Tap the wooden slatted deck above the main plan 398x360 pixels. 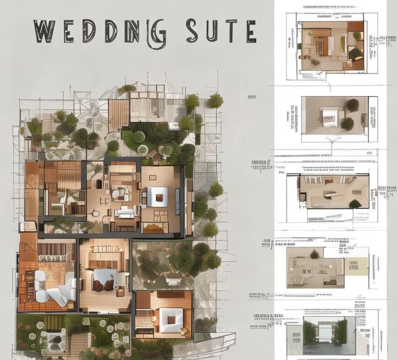point(118,115)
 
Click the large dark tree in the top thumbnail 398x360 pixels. point(356,53)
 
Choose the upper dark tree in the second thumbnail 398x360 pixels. point(352,105)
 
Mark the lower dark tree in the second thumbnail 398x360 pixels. point(347,123)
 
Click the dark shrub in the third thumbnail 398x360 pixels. point(355,204)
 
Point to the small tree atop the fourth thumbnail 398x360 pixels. point(314,254)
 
